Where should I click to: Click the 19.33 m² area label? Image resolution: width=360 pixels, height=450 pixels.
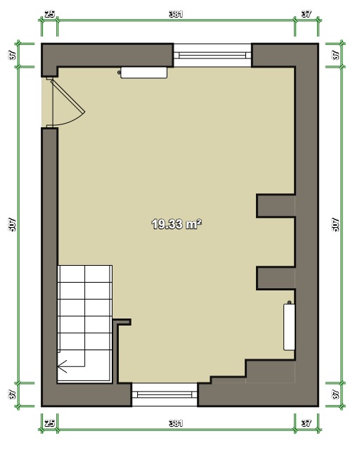176,224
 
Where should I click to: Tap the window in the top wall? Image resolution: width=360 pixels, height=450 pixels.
212,55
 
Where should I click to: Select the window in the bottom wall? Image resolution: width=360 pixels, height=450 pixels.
165,394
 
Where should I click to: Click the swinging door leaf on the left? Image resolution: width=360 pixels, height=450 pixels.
68,96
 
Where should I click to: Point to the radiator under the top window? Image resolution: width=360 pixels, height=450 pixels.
144,72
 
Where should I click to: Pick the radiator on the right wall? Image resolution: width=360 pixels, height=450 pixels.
289,327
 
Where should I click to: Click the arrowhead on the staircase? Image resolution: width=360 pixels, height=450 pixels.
62,366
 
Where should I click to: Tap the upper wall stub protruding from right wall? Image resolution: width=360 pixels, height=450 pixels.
276,206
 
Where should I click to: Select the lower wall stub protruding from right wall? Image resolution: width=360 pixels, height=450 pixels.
276,278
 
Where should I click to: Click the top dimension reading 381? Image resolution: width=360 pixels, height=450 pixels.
176,14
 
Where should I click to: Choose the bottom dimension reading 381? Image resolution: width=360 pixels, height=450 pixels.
176,423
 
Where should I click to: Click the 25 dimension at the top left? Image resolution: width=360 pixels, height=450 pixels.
50,14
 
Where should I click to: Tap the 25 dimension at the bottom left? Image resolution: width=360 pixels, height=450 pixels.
50,423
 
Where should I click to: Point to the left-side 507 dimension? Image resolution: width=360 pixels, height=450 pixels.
13,225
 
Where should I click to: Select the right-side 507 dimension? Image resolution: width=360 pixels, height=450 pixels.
335,225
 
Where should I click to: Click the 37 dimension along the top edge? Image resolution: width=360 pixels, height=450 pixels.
307,14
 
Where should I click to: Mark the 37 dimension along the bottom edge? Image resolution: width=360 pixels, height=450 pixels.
307,423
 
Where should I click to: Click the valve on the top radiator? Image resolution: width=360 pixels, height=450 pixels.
119,72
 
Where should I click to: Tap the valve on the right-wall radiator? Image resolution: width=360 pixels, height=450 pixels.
290,302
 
